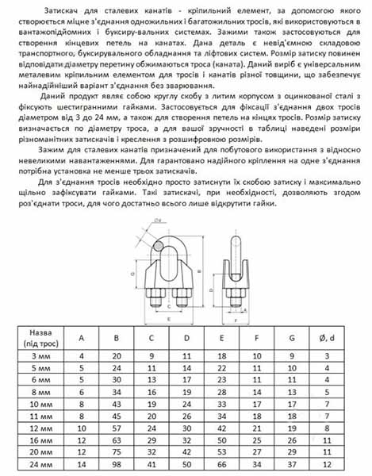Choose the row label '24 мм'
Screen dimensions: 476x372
pos(40,463)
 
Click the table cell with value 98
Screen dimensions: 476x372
pos(117,463)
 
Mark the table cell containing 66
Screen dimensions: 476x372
pos(221,463)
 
